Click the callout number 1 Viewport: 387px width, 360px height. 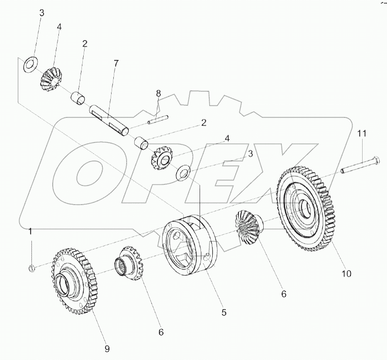[x=31, y=231]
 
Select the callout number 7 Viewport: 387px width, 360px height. [x=115, y=63]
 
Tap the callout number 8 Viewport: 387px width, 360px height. [x=158, y=93]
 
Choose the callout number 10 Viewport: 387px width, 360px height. [x=346, y=274]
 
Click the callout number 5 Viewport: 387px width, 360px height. [x=224, y=312]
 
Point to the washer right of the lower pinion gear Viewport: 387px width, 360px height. [x=183, y=173]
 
